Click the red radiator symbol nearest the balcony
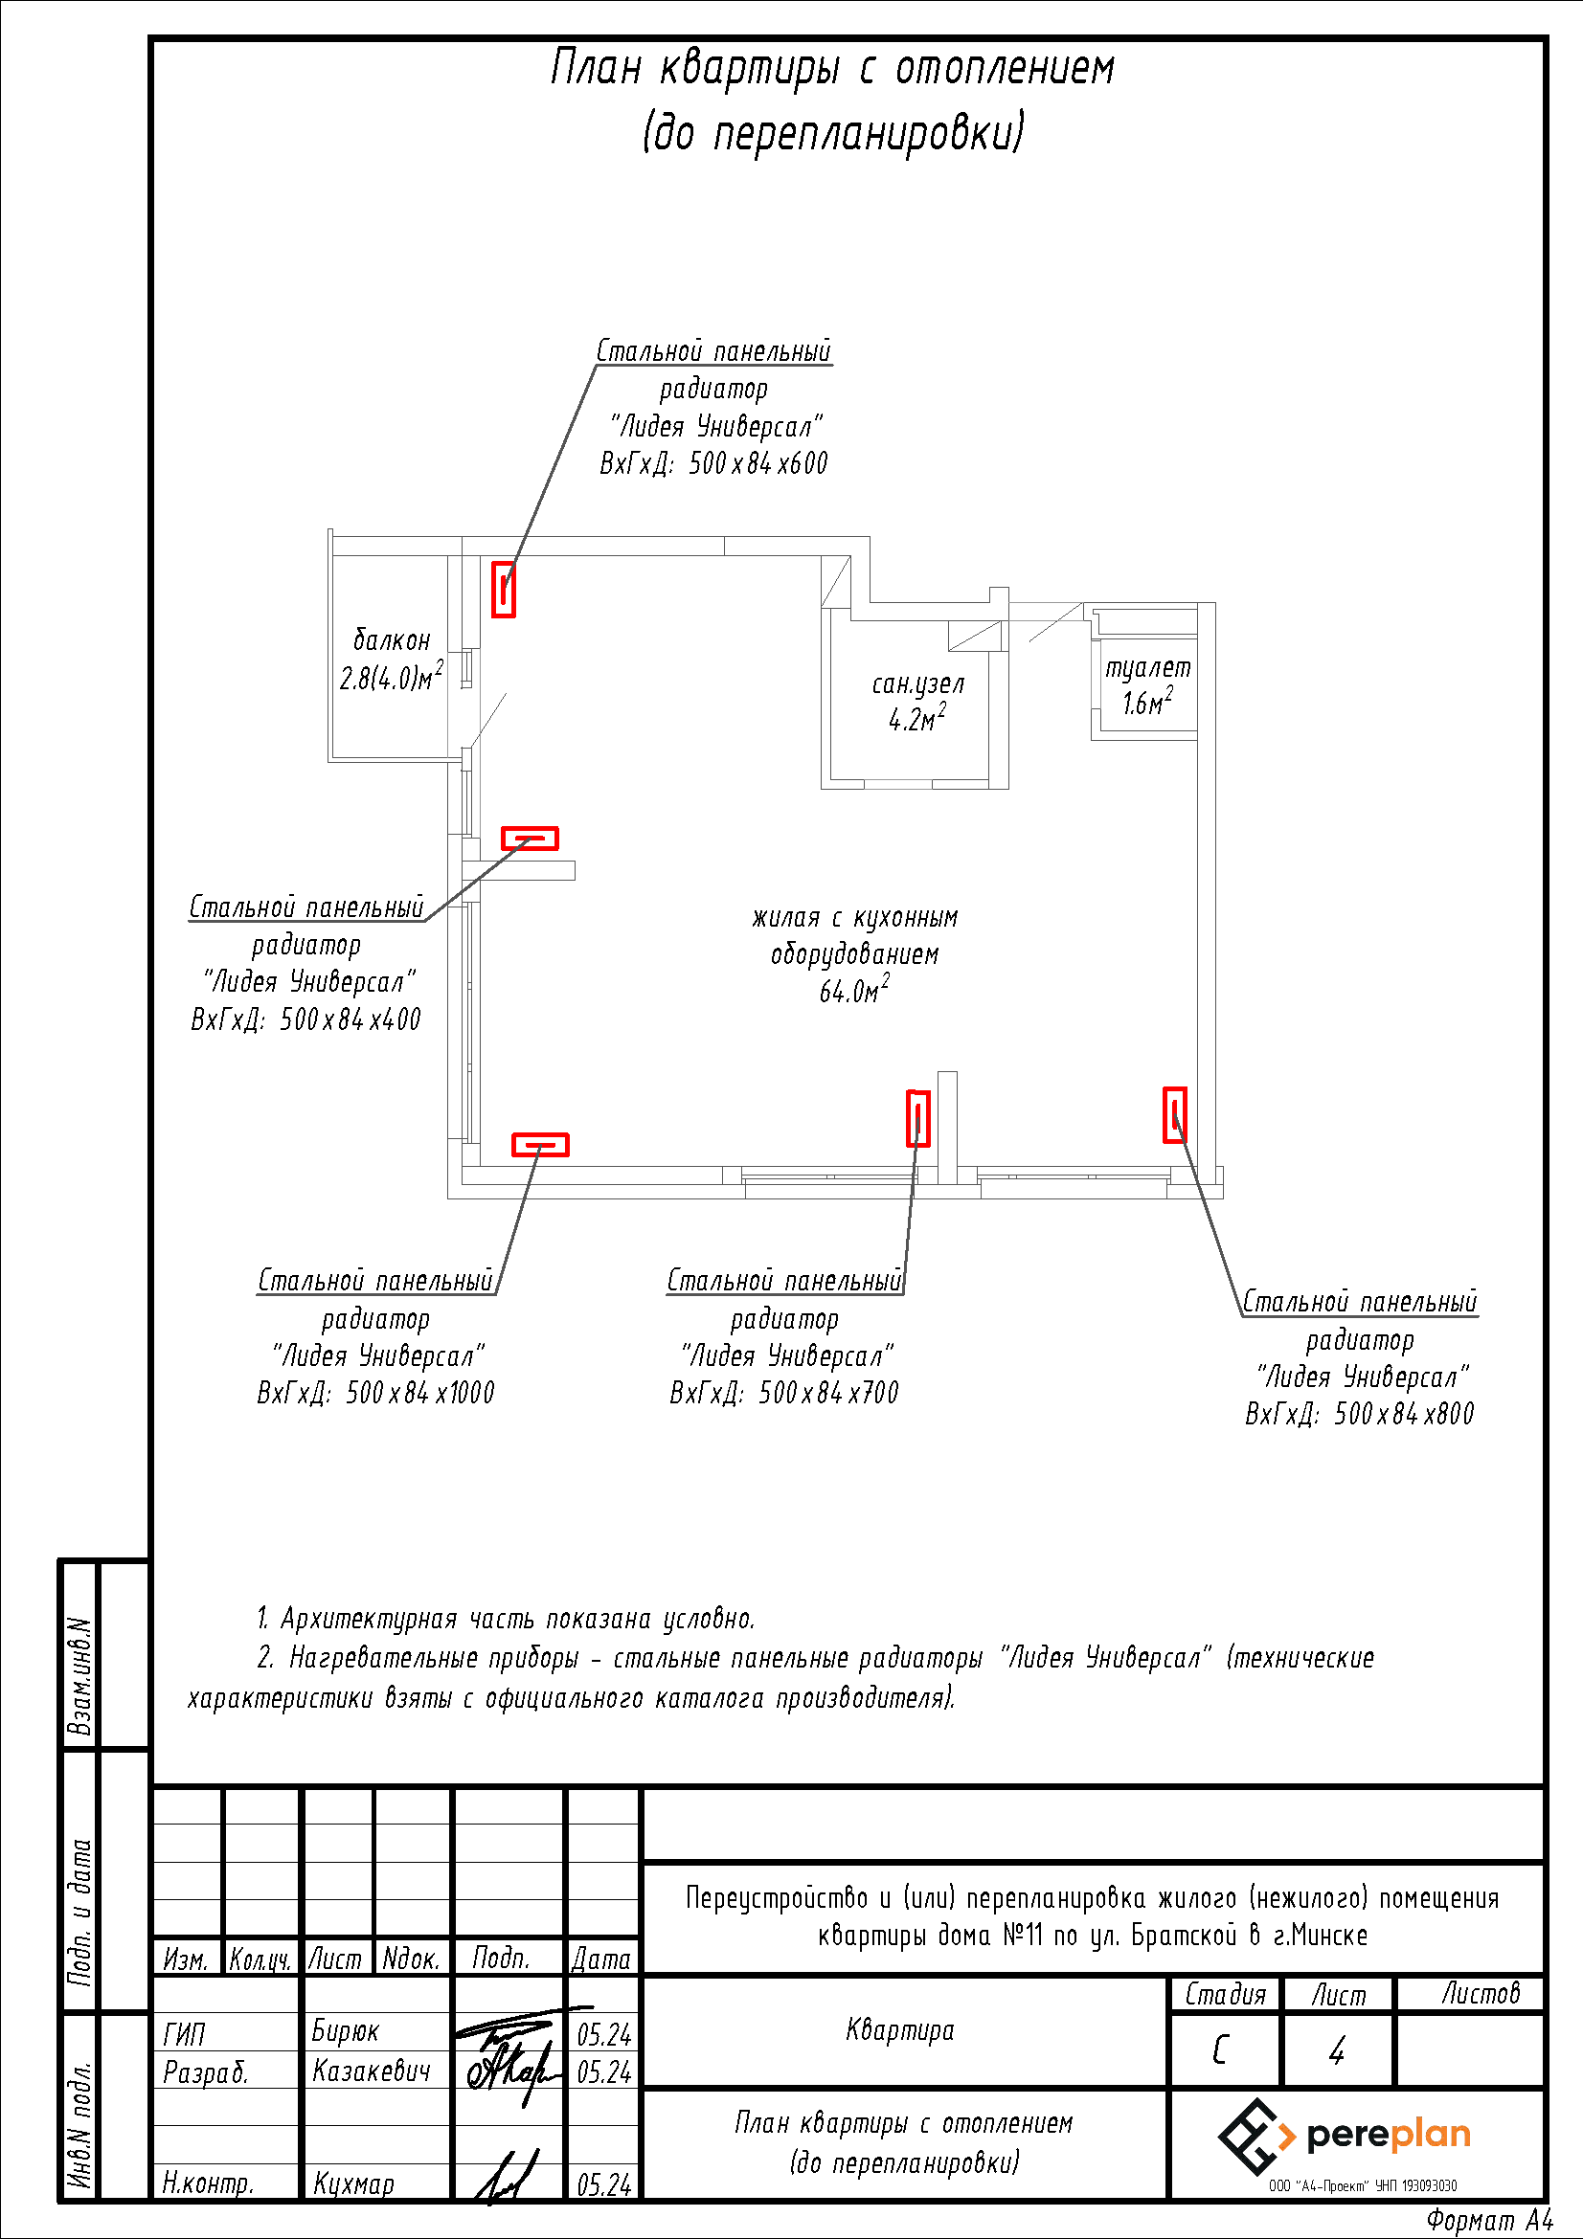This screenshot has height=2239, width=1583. point(504,589)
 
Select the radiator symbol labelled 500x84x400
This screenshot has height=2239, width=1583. point(530,838)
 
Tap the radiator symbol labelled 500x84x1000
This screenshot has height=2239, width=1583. point(540,1144)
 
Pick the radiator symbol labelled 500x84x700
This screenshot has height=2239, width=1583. point(917,1117)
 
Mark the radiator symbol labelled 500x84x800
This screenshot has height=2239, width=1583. point(1175,1114)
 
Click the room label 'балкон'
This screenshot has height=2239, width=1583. point(391,640)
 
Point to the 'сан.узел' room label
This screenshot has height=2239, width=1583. point(917,684)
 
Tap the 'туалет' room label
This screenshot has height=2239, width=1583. point(1148,668)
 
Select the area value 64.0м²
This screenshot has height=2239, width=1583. point(854,990)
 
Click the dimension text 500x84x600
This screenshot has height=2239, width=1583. point(758,463)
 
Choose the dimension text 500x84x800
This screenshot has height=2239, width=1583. point(1404,1413)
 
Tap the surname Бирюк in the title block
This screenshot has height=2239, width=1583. point(346,2031)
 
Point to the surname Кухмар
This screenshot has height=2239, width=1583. point(353,2183)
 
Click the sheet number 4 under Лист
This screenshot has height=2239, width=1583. point(1337,2050)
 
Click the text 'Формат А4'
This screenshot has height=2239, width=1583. point(1489,2221)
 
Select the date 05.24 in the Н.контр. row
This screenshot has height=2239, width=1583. point(603,2185)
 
